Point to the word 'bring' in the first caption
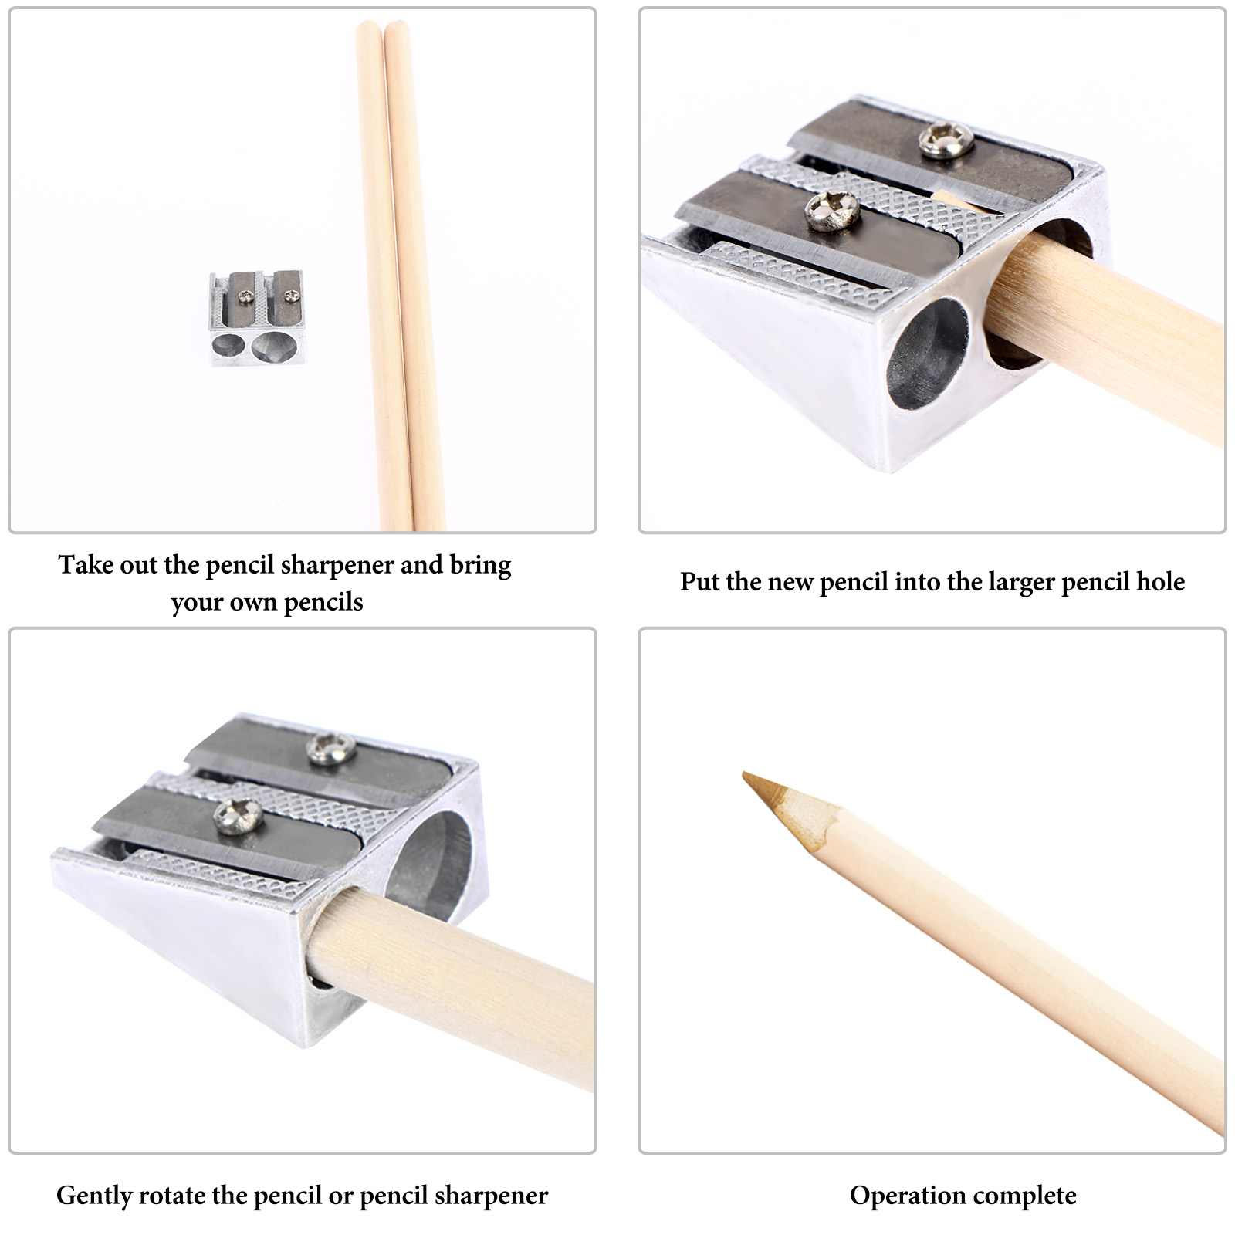coord(480,566)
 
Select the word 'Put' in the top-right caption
coord(699,582)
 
